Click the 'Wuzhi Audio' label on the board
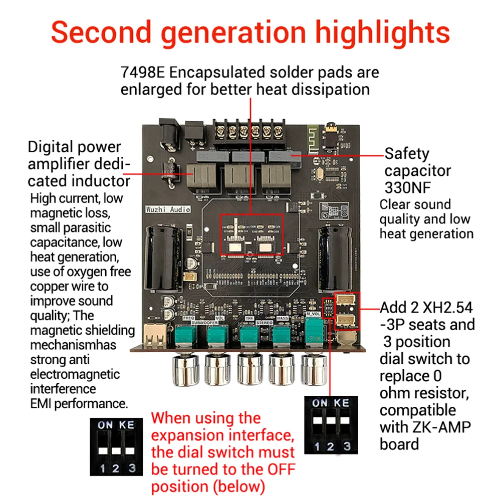168,209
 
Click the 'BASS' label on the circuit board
283,318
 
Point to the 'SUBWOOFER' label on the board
203,324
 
